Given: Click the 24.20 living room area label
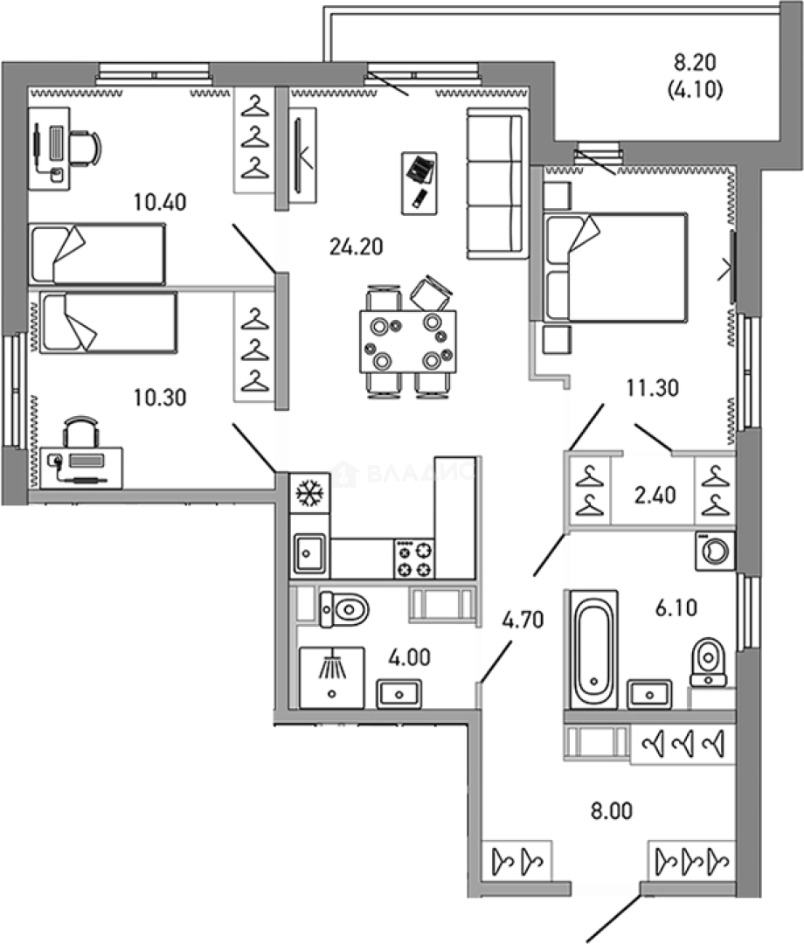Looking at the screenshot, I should click(356, 246).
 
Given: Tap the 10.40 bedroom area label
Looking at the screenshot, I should click(161, 203).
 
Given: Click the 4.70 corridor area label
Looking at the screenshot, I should click(522, 621).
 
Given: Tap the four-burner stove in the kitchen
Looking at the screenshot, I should click(414, 559).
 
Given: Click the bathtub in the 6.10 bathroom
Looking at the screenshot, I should click(593, 648).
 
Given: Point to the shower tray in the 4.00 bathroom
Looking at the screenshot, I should click(332, 677).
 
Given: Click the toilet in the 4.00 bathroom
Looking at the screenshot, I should click(343, 607).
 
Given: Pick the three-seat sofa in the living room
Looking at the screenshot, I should click(497, 184).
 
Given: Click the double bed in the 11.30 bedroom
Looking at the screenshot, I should click(614, 267).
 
